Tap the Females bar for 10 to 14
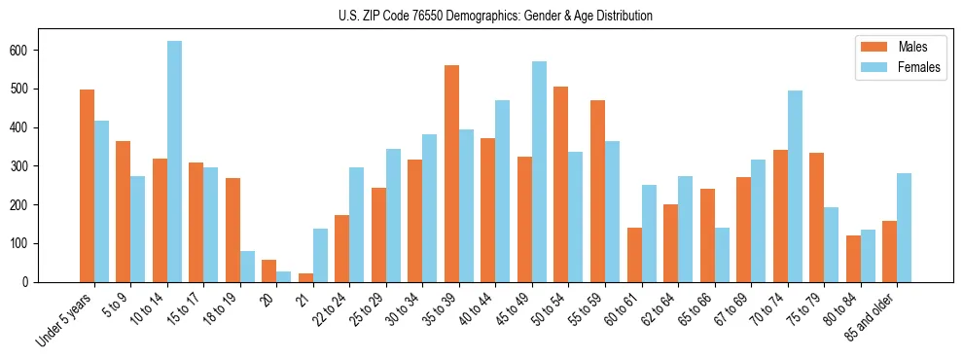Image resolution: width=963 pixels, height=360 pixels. point(174,162)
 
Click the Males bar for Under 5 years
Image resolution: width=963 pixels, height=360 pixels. point(87,186)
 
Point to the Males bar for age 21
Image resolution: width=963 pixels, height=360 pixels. point(305,277)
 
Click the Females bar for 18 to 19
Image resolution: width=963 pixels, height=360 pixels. point(247,267)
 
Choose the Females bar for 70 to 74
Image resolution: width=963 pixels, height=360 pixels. point(795,186)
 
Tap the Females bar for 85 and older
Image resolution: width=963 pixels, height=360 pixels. point(905,228)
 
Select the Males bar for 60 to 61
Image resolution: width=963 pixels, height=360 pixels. point(634,255)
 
